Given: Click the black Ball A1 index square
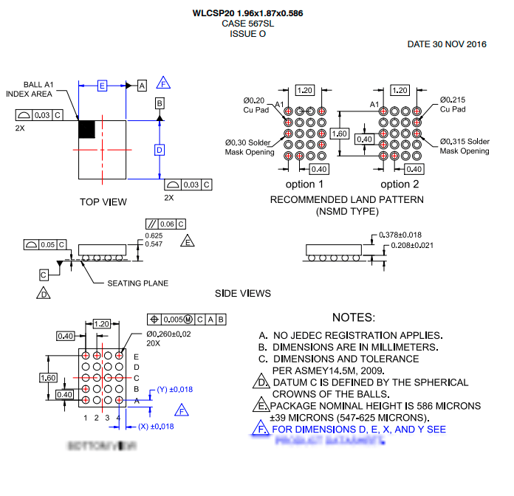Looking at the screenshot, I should coord(87,128).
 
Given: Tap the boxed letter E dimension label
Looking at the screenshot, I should coord(103,86).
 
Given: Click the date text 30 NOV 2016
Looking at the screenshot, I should coord(447,44).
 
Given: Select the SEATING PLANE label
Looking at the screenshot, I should coord(138,283).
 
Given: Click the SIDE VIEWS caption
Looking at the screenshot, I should coord(243,294).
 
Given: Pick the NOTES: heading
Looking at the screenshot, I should coord(354,317).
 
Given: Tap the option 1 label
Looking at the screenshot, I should coord(305,185).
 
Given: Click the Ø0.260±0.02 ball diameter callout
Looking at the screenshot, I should coord(167,334).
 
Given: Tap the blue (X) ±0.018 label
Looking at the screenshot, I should coord(155,427).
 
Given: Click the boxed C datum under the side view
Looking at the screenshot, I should coord(44,274).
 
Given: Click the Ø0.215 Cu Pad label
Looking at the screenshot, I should coord(452,104).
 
